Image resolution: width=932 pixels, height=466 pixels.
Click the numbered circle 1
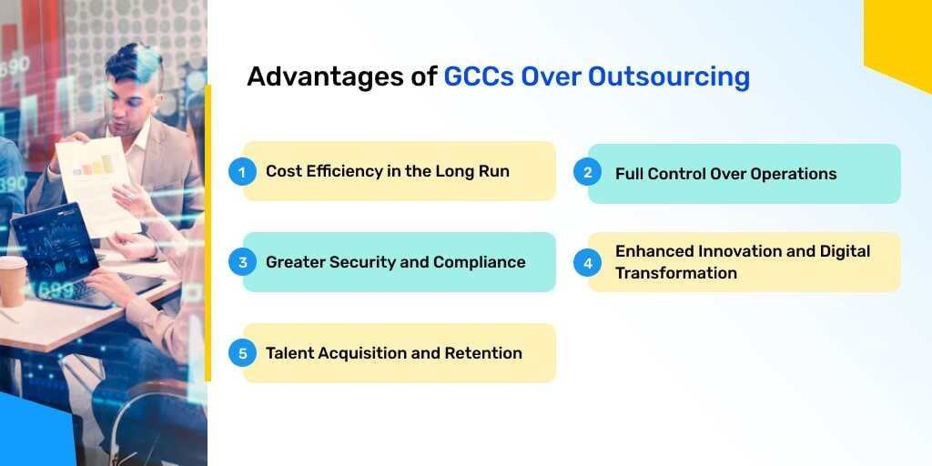[242, 171]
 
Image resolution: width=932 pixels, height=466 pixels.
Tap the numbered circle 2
[587, 173]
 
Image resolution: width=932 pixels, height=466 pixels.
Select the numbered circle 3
[242, 262]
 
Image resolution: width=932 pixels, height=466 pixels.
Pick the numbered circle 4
[587, 262]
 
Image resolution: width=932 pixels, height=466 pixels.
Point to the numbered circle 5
[242, 353]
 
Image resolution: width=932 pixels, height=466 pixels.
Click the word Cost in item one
[284, 171]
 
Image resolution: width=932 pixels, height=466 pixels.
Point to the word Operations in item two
[793, 174]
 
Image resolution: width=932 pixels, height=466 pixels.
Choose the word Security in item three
[356, 262]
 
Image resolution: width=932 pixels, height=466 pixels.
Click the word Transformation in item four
[676, 273]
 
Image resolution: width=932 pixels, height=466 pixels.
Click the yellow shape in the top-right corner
[901, 36]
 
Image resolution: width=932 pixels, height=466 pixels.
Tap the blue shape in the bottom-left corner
[36, 432]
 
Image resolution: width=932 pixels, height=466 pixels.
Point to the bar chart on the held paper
[93, 166]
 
